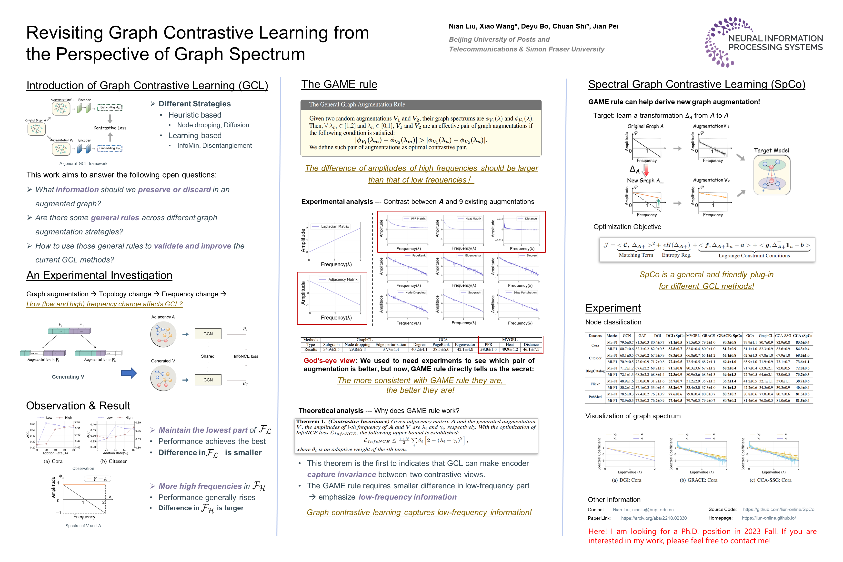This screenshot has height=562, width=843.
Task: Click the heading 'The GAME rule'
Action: point(339,85)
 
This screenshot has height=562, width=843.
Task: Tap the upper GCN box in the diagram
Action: point(208,334)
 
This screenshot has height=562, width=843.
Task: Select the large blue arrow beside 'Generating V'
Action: point(129,373)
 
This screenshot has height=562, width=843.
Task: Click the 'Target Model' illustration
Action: point(772,175)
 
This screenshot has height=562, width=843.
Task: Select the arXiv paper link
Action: point(653,518)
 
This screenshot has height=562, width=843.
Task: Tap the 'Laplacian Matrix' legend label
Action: point(335,227)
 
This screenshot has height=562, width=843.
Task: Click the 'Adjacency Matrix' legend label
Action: point(343,280)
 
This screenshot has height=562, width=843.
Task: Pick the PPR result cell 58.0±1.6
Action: point(488,350)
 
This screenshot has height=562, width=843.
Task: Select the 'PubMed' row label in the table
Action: point(595,397)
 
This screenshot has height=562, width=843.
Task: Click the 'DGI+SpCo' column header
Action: point(675,336)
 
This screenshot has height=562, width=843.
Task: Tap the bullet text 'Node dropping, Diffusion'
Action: point(213,125)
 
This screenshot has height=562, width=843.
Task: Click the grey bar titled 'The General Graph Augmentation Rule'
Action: point(421,105)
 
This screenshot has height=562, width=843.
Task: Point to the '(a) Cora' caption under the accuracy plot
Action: point(53,461)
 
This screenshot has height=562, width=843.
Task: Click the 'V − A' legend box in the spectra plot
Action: point(98,479)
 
